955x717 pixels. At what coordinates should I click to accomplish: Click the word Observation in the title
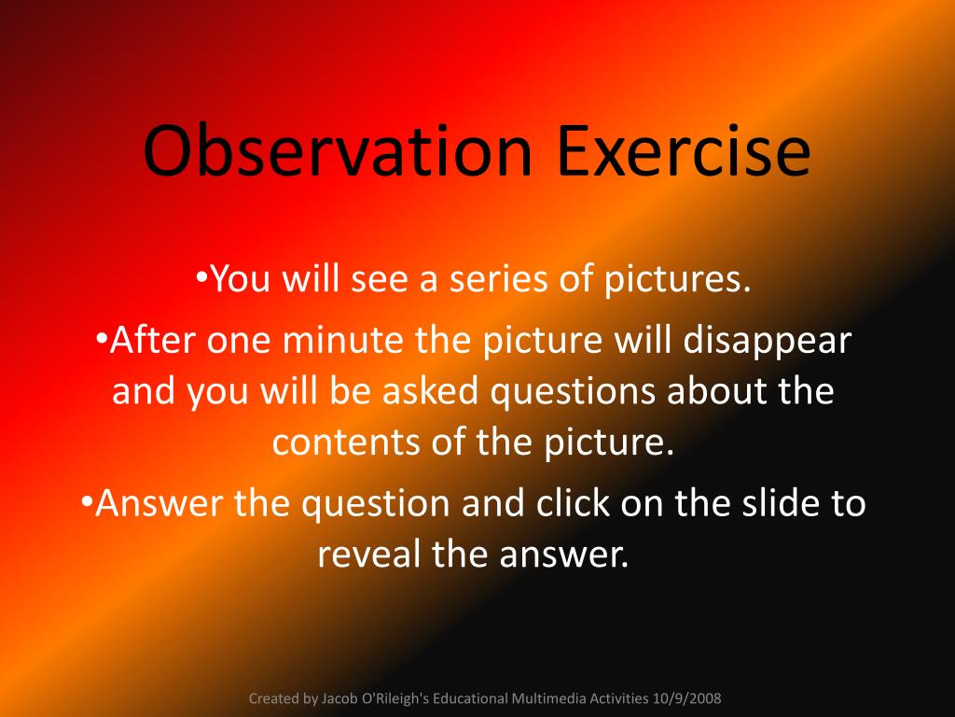point(338,150)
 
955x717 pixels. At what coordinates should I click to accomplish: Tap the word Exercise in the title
point(684,150)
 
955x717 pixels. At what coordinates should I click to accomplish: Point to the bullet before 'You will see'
point(201,276)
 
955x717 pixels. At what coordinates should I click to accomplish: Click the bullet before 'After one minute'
point(102,338)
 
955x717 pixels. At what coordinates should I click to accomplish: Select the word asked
point(430,391)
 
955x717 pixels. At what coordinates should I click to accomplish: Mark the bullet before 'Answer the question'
point(86,501)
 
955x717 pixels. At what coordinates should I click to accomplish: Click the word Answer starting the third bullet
point(159,503)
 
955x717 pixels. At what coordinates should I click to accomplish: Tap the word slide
point(780,503)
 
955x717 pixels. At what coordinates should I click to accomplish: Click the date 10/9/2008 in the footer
point(686,698)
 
